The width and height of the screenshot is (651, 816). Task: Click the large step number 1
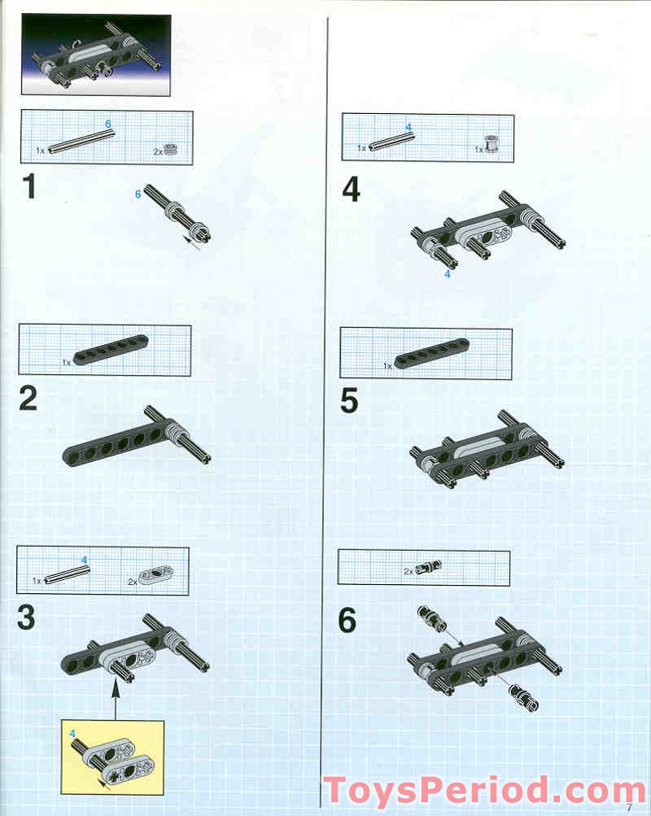tap(28, 188)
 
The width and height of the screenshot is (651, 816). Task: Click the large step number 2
tap(28, 399)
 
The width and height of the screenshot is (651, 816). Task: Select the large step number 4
tap(351, 190)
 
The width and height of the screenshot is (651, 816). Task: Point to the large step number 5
tap(350, 401)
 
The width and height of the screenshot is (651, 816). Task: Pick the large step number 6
tap(347, 621)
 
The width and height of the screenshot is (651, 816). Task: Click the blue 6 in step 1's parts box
tap(107, 123)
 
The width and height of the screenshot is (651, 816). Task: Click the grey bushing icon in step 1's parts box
tap(171, 149)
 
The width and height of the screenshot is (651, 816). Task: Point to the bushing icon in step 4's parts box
tap(492, 144)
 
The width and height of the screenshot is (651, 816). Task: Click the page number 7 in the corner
tap(629, 807)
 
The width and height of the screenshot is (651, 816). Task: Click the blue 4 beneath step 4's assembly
tap(447, 274)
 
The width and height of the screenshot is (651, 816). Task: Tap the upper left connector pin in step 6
tap(431, 619)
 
